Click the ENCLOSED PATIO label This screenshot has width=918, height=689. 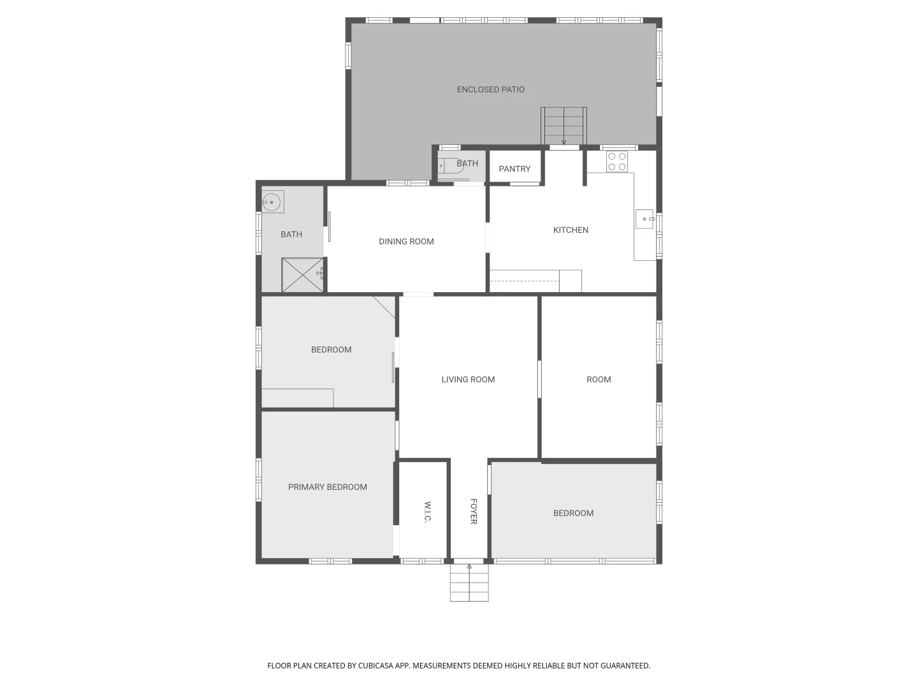490,90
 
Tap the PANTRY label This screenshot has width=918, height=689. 514,169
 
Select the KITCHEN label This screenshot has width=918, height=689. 571,230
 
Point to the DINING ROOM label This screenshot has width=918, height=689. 406,242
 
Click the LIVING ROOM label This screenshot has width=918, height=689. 468,380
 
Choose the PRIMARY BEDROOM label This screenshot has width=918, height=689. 327,487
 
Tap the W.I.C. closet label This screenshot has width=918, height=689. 427,512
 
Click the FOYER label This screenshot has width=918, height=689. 473,512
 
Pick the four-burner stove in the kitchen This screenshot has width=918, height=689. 616,161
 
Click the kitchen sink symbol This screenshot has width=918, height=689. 645,219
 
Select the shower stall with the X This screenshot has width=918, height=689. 302,275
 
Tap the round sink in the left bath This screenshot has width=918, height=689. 272,202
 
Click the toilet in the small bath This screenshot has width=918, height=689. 452,166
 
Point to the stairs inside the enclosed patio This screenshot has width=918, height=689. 564,126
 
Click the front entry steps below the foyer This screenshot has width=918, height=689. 469,584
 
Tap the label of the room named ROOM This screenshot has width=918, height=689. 599,380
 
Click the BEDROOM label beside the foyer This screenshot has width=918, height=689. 573,514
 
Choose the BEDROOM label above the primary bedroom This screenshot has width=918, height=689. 331,350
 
